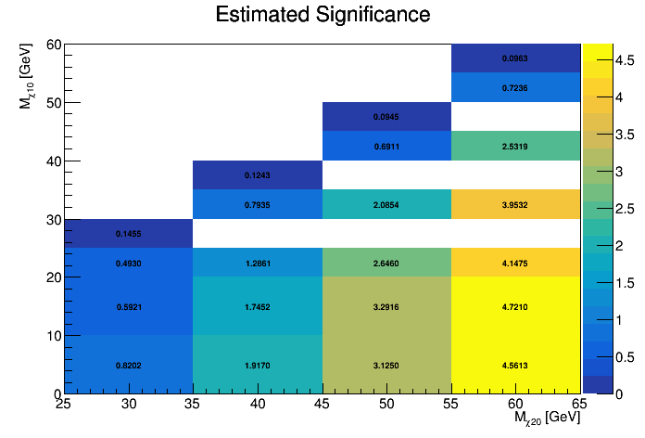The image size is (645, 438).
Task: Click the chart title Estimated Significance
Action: [322, 15]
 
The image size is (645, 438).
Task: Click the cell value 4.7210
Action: [516, 305]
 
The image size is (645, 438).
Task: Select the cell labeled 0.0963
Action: [516, 58]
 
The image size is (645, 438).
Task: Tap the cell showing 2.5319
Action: [516, 147]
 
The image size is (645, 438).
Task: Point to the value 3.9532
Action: [516, 205]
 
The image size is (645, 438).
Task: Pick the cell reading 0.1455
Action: [129, 234]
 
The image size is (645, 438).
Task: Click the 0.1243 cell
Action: [258, 175]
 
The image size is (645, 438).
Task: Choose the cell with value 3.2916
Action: [386, 305]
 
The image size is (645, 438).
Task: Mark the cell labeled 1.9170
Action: [258, 365]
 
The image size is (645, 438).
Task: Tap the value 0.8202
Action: [129, 365]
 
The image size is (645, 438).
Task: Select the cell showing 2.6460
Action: [386, 264]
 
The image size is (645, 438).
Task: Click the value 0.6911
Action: [386, 147]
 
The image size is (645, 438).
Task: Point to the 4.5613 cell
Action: [516, 365]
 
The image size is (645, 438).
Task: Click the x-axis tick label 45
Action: [322, 406]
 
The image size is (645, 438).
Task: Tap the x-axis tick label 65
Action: [580, 406]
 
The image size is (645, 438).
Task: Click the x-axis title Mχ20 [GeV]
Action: [547, 420]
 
